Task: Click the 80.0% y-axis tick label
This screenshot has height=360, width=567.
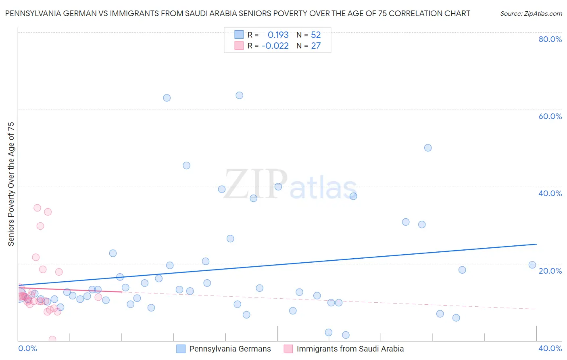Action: [x=550, y=39]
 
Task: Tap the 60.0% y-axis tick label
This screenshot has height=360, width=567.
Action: [x=550, y=116]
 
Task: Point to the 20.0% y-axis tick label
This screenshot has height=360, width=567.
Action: [x=550, y=271]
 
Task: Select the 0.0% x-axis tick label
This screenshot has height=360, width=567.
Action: [x=27, y=348]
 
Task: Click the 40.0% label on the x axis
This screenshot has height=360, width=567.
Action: [x=550, y=348]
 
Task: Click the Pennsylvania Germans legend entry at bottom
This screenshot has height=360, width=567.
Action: [x=230, y=349]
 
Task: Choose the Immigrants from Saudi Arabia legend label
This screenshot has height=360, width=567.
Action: [x=350, y=349]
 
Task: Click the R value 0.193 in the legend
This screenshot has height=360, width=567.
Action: [x=278, y=35]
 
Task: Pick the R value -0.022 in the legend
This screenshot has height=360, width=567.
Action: [x=275, y=46]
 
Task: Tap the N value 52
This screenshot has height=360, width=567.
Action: [x=316, y=35]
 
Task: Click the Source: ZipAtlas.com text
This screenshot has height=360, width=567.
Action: [x=531, y=14]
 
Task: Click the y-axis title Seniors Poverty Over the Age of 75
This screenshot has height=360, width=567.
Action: [x=11, y=184]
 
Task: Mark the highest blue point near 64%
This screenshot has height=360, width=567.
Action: [x=239, y=96]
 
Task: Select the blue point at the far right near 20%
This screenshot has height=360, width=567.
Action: [x=532, y=265]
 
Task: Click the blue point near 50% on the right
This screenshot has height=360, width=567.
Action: [x=428, y=148]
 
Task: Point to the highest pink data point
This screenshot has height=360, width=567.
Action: [x=37, y=208]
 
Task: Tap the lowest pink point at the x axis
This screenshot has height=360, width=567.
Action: [x=52, y=339]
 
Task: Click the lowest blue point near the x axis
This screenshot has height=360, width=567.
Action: [x=346, y=335]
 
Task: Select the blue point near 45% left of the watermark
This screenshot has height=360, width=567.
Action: [x=186, y=165]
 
